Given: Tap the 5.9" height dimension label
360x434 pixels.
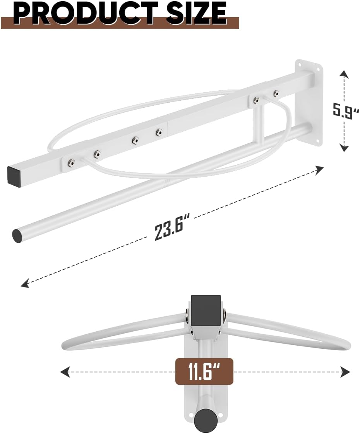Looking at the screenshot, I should (344, 109).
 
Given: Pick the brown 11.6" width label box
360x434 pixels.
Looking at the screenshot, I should (204, 372).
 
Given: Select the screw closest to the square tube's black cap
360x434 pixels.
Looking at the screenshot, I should (71, 162).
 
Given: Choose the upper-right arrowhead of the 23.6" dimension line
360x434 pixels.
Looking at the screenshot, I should (320, 168).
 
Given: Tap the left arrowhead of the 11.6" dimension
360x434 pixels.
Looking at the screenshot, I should (63, 372).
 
